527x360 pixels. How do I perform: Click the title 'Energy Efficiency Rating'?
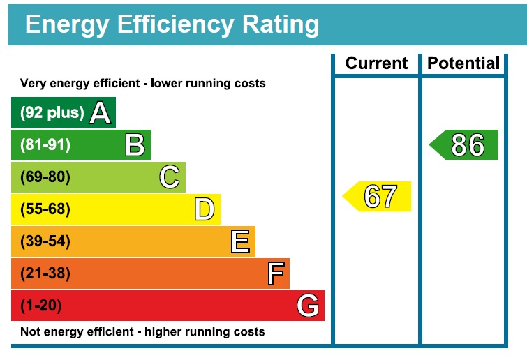coord(172,25)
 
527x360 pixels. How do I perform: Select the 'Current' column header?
coord(376,63)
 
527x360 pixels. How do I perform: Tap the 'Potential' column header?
coord(463,63)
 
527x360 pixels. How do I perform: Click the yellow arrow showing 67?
coord(378,196)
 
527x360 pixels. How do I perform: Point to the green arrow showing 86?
coord(465,145)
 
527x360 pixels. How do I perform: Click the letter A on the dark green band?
coord(101,113)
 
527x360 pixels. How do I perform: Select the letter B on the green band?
coord(135,145)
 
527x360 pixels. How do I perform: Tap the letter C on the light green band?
coord(170,177)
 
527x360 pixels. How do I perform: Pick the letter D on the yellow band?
coord(204,209)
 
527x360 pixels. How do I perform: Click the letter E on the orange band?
coord(239,241)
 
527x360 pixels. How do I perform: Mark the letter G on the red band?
coord(308,306)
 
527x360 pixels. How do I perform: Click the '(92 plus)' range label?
coord(52,113)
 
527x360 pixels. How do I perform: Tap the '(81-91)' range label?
coord(45,145)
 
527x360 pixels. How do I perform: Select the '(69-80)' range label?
coord(45,177)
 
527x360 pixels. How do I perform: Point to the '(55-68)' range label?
coord(45,209)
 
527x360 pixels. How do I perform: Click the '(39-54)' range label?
coord(45,241)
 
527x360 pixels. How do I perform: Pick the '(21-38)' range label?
coord(45,273)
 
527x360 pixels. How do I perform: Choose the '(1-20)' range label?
coord(41,306)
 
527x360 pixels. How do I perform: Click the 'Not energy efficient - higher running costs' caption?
coord(142,331)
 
